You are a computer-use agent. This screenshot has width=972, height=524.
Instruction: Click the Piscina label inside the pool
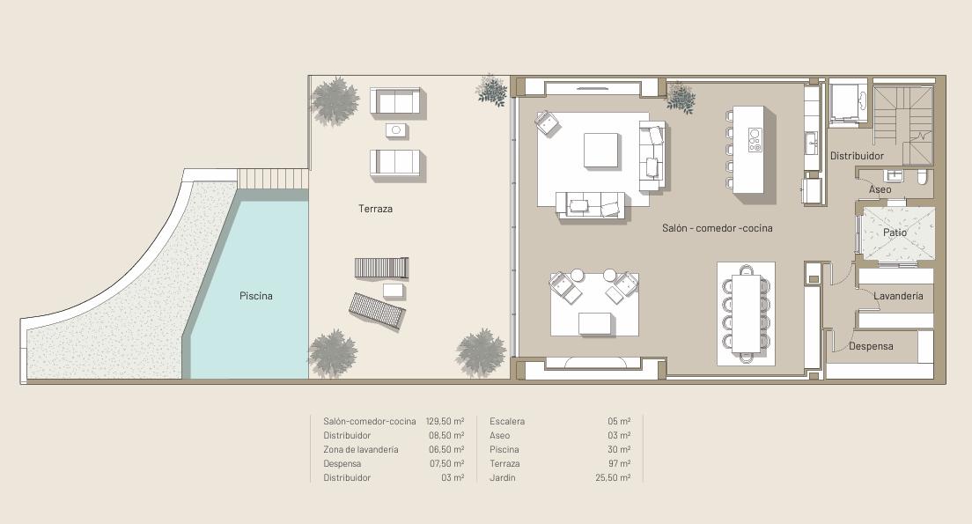click(x=256, y=296)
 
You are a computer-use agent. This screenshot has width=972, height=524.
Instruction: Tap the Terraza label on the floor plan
click(x=376, y=209)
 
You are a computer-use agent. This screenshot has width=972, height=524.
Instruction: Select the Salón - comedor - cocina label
click(x=718, y=228)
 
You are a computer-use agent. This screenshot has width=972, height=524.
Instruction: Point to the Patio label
click(x=895, y=232)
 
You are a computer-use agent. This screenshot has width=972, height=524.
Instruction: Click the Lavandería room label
click(x=898, y=296)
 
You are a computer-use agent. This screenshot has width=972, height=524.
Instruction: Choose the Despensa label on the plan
click(x=871, y=346)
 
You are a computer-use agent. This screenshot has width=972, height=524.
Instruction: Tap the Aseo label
click(x=880, y=189)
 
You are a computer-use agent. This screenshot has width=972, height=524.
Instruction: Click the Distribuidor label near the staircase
click(x=858, y=156)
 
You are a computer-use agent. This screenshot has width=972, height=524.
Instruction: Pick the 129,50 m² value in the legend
click(x=445, y=421)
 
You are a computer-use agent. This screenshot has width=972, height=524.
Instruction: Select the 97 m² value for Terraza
click(x=619, y=463)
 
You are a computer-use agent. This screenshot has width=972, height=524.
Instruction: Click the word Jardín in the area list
click(x=503, y=477)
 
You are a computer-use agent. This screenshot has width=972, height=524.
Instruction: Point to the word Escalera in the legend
click(x=507, y=421)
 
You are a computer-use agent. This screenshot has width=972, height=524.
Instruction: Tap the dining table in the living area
click(x=747, y=314)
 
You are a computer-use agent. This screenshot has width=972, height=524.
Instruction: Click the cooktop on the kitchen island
click(x=755, y=140)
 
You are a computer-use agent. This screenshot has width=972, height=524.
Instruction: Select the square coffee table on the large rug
click(x=600, y=150)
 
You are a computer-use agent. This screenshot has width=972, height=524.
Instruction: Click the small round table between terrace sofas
click(x=397, y=130)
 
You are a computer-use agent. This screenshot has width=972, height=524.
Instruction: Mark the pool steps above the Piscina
click(x=273, y=179)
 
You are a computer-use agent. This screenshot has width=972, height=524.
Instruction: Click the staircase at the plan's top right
click(x=903, y=125)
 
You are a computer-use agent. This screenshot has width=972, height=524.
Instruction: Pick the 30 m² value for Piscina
click(x=619, y=449)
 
